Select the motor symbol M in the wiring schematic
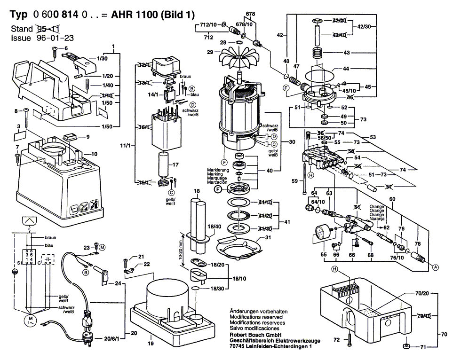tap(29, 321)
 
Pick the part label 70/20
tap(422, 293)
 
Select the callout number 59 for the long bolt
tap(295, 180)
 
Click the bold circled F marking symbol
tap(218, 189)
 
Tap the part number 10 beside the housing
tap(94, 154)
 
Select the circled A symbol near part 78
tap(436, 267)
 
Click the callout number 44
tap(346, 69)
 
